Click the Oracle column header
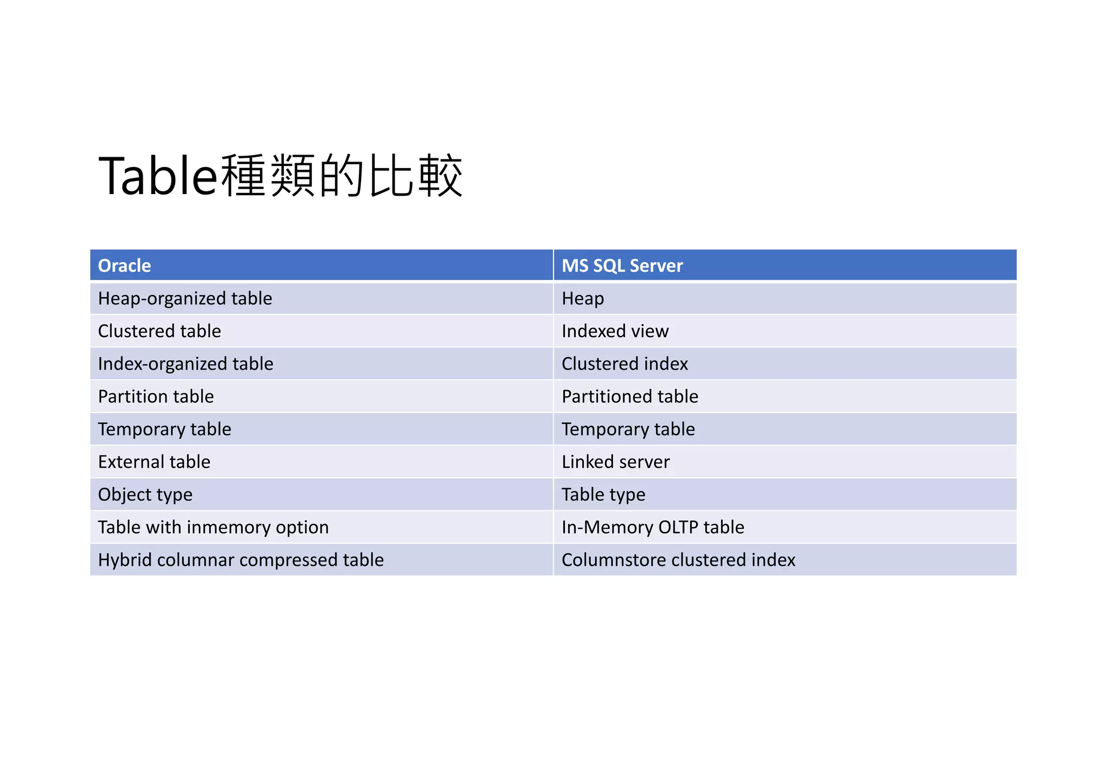coord(124,266)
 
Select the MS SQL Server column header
coord(622,266)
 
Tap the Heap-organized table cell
coord(185,299)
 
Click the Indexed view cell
coord(615,331)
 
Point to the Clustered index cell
coord(624,364)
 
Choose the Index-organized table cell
coord(185,364)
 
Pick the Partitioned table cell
coord(630,397)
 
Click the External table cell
coord(154,462)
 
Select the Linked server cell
coord(615,462)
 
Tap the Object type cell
coord(145,495)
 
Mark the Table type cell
coord(603,495)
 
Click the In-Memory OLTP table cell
coord(652,527)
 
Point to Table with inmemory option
coord(213,527)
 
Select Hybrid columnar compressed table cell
coord(241,560)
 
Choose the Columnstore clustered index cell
coord(678,560)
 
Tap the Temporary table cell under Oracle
coord(164,430)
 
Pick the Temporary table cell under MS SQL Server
coord(628,430)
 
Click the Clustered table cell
coord(159,331)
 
